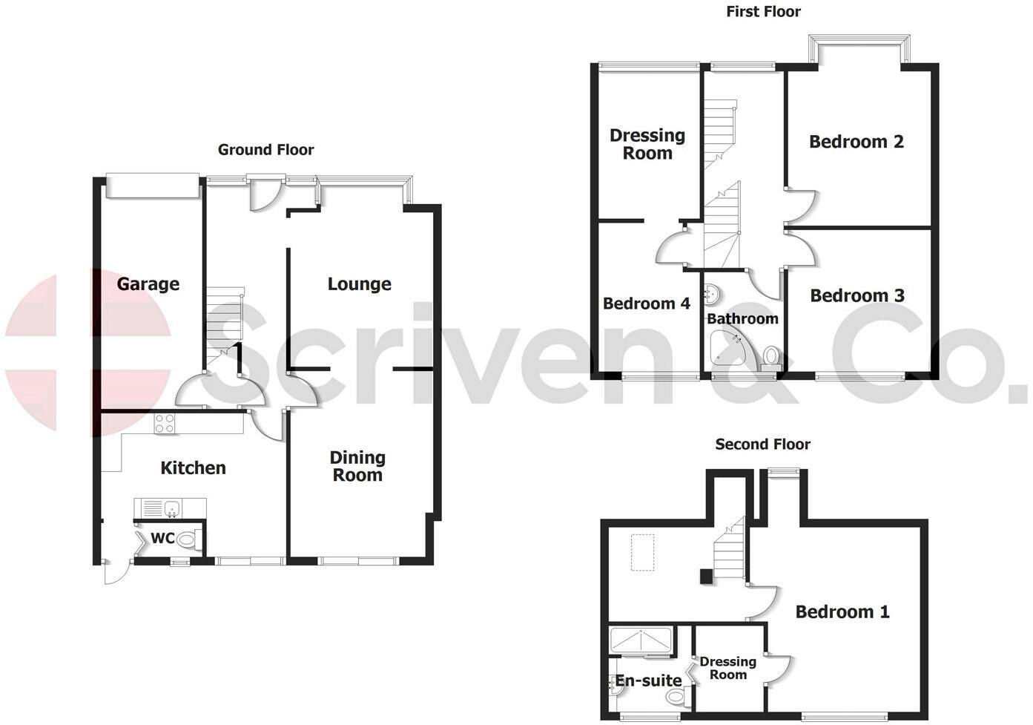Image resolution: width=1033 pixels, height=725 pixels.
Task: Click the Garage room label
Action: point(148,283)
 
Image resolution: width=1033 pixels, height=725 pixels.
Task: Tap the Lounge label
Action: point(360,283)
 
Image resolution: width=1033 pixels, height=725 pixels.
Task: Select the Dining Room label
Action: point(357,466)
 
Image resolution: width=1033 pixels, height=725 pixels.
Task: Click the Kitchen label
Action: point(193,468)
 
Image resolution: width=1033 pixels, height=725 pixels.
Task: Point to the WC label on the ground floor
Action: point(162,538)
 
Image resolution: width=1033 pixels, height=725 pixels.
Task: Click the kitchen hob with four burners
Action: point(165,424)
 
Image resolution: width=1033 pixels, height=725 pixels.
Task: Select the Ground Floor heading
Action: point(265,150)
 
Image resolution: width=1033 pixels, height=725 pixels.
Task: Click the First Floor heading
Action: point(763,11)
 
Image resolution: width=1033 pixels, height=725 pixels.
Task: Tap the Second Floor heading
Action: point(762,444)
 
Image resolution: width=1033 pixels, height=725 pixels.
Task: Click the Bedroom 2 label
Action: point(857,142)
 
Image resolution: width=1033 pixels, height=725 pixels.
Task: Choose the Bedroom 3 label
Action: point(857,295)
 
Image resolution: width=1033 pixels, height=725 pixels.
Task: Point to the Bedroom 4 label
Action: point(647,303)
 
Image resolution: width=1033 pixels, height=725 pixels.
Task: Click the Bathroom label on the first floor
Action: point(742,319)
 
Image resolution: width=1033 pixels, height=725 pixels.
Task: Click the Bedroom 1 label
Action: point(842,611)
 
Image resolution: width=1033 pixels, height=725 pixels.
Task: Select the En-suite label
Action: point(648,680)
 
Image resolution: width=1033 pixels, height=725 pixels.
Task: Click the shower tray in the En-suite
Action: point(641,640)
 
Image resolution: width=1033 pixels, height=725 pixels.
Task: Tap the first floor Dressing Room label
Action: point(647,144)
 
